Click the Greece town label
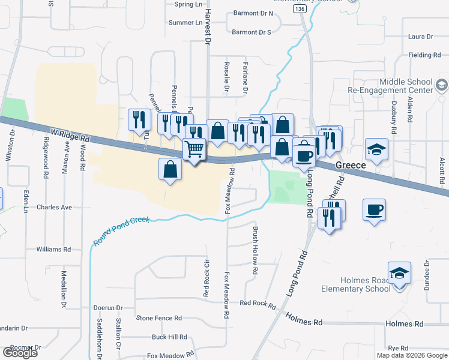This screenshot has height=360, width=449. [351, 164]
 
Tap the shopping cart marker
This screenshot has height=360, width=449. [194, 149]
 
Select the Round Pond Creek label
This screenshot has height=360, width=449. [122, 231]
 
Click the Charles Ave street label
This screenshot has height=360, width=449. [54, 208]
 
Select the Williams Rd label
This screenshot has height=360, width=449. [53, 249]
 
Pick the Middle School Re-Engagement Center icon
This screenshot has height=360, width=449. [442, 85]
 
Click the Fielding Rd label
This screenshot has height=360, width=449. [424, 55]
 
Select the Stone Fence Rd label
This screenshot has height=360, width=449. [159, 318]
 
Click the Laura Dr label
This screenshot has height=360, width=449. [420, 37]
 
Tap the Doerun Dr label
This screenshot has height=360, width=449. [108, 308]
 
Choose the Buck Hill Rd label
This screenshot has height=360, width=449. [169, 337]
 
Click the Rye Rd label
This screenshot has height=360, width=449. [398, 348]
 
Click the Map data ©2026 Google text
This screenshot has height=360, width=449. [411, 355]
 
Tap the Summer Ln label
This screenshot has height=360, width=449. [185, 23]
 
